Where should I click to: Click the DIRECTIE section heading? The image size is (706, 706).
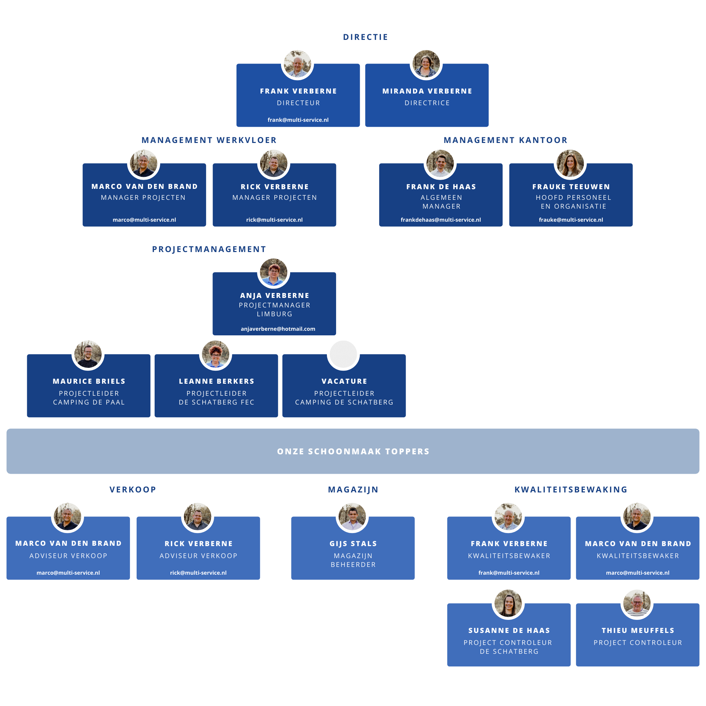[x=365, y=37]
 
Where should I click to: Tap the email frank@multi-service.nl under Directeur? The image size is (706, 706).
[x=298, y=120]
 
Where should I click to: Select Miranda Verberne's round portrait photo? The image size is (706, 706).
[x=426, y=64]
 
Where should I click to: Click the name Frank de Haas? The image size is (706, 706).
[x=441, y=187]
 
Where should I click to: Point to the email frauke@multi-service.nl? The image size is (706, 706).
[x=571, y=220]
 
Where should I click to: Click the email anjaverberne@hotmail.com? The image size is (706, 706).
[x=278, y=329]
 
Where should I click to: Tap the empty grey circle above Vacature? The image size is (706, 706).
[x=343, y=354]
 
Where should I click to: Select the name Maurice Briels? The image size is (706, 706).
[x=89, y=381]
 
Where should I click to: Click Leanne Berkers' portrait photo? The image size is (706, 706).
[x=216, y=354]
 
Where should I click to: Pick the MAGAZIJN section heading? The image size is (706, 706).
[x=353, y=490]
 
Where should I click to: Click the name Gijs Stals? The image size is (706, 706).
[x=353, y=544]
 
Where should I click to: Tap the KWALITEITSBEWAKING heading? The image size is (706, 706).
[x=571, y=490]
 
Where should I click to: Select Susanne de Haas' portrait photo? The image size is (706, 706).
[x=508, y=603]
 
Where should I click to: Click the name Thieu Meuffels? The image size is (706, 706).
[x=638, y=630]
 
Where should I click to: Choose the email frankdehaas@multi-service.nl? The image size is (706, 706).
[x=441, y=220]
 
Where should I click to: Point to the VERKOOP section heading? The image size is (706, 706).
[x=133, y=490]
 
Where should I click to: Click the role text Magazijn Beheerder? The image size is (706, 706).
[x=353, y=560]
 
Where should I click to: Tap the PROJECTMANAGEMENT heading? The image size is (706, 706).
[x=209, y=249]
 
